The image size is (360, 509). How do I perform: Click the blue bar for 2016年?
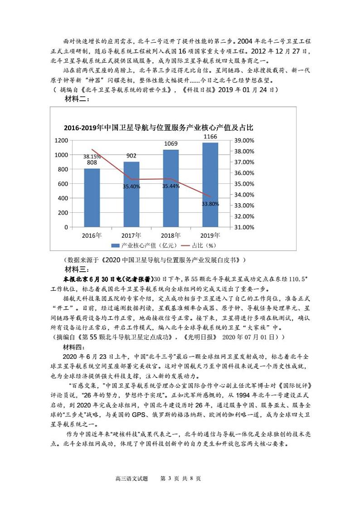[x=92, y=197]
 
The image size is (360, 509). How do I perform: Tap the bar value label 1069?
[x=170, y=144]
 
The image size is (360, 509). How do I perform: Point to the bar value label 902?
[x=131, y=156]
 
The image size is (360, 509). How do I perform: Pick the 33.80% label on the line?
[x=210, y=204]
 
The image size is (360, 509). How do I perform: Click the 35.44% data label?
[x=170, y=186]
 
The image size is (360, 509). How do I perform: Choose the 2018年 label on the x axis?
[x=170, y=235]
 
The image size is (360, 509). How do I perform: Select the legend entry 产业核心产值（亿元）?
[x=146, y=245]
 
